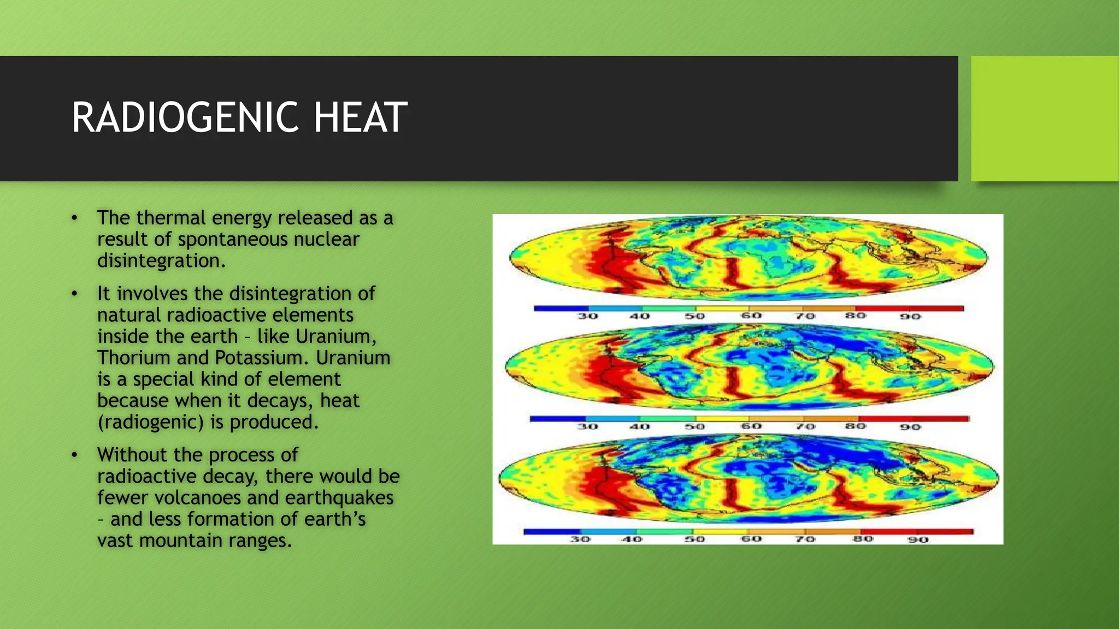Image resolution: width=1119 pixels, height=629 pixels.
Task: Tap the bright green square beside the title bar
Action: [x=1044, y=118]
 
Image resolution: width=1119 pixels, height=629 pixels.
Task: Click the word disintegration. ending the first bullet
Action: [x=161, y=260]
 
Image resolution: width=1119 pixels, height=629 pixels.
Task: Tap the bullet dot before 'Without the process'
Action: [x=74, y=455]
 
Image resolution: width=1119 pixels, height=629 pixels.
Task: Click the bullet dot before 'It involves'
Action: [x=74, y=294]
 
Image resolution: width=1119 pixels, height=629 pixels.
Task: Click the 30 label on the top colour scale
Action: [x=588, y=316]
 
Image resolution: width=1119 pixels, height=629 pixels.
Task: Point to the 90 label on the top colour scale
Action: [x=910, y=317]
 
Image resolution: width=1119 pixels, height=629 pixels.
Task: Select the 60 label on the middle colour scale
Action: [x=751, y=426]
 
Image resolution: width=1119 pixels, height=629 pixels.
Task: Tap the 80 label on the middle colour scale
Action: [x=856, y=425]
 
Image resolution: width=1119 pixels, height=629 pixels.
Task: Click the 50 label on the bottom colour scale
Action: [x=695, y=539]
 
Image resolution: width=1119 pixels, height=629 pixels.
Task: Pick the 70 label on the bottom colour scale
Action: [x=805, y=539]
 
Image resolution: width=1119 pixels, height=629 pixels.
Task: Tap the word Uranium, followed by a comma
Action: [x=336, y=336]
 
